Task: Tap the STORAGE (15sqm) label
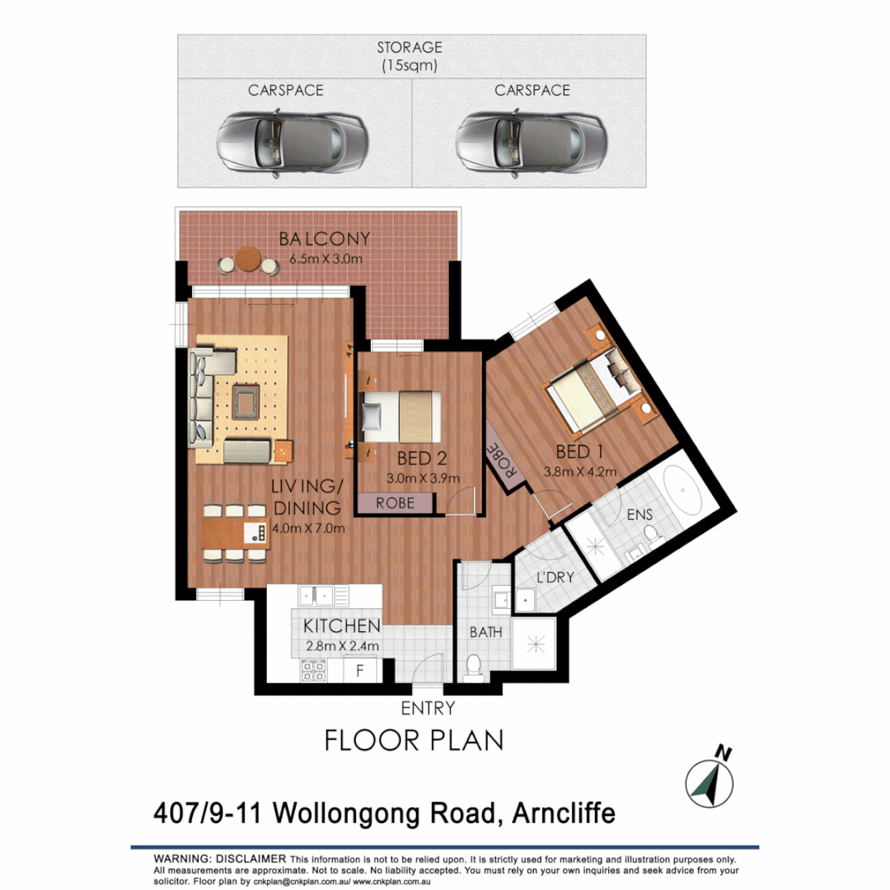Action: pos(409,55)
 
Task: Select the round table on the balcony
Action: pos(247,260)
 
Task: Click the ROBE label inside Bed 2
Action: pos(395,502)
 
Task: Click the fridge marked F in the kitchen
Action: pos(359,671)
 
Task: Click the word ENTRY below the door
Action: pos(428,708)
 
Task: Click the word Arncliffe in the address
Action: pos(564,814)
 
